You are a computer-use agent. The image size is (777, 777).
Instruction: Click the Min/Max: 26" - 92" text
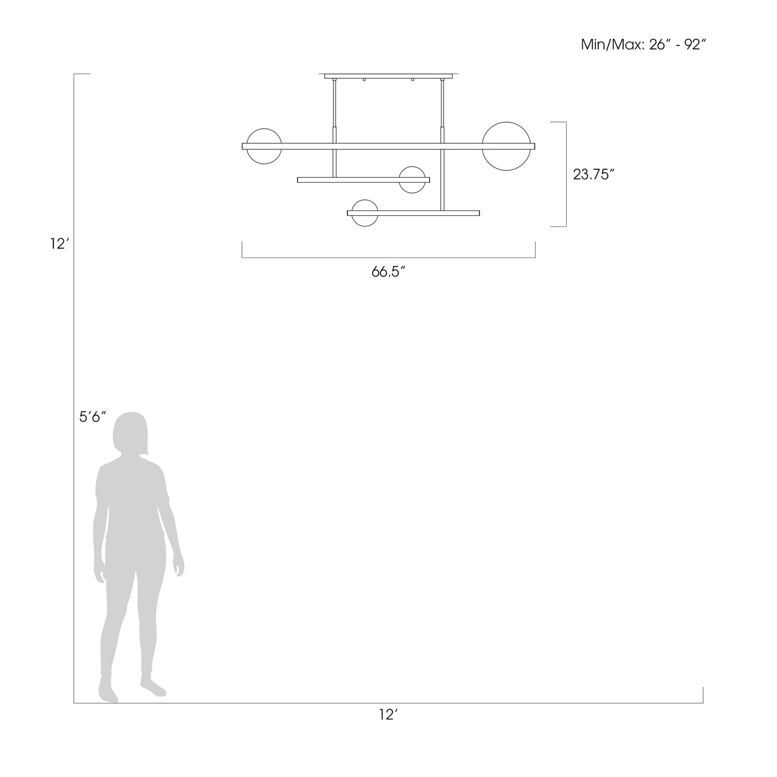(643, 44)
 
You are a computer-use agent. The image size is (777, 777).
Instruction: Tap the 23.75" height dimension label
(593, 174)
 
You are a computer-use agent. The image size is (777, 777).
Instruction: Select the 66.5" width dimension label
(388, 272)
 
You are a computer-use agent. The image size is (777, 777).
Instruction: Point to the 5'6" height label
(92, 417)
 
